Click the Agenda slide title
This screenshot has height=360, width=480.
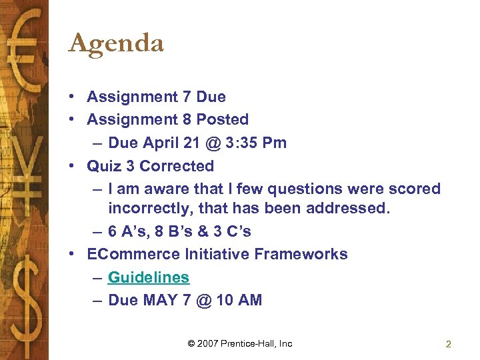point(116,44)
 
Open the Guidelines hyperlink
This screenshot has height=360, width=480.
point(148,277)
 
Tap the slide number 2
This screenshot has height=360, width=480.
point(448,344)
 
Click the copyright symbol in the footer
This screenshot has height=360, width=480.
point(191,343)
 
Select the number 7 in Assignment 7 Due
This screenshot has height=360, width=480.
point(186,97)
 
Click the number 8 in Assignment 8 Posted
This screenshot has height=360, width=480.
point(186,120)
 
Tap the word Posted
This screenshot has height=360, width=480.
point(223,120)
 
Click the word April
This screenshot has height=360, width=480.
point(159,143)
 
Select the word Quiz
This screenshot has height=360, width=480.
point(105,166)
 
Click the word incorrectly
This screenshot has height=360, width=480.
point(150,209)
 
